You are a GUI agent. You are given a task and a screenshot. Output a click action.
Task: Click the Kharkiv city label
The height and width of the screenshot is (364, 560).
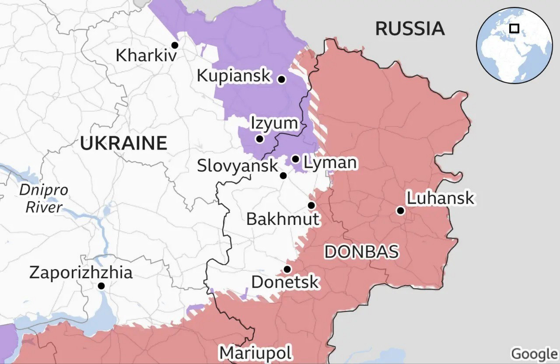point(146,56)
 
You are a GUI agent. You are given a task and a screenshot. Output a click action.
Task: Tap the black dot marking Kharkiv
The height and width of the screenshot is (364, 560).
point(175,45)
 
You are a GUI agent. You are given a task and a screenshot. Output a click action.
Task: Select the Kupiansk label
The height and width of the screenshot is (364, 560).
point(234,76)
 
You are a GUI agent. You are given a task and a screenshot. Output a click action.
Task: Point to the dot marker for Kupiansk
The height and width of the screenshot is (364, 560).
point(282,80)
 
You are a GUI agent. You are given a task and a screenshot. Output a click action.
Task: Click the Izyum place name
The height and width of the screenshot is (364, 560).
point(274,123)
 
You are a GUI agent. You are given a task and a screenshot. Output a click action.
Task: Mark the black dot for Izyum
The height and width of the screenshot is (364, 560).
point(259,139)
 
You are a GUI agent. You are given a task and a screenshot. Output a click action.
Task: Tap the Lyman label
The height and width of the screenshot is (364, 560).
point(330,163)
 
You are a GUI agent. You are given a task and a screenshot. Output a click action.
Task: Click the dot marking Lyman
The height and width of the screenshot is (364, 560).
point(296,159)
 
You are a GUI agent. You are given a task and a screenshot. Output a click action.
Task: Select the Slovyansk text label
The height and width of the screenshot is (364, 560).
point(238,166)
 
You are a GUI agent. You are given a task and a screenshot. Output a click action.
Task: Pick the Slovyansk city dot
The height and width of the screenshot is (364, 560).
point(283,176)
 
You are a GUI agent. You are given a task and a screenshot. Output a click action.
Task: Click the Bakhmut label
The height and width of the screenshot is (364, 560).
point(283,219)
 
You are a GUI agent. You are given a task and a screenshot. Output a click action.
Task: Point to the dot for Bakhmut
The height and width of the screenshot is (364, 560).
point(311,205)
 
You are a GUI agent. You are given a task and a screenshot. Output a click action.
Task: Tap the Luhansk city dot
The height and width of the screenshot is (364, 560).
point(400,211)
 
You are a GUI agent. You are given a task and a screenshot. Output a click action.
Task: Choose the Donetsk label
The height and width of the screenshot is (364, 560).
point(285,282)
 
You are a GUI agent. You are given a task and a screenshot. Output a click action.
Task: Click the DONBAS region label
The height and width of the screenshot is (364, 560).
point(361,252)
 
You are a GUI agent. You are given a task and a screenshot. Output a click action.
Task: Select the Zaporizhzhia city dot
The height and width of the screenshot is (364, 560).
point(101,286)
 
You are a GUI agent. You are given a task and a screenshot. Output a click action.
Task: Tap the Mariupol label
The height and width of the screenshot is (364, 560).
point(255,353)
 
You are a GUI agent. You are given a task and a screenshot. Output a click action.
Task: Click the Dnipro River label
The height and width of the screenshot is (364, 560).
point(44,199)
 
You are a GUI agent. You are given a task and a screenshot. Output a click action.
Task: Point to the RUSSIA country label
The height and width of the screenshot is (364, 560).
point(410,29)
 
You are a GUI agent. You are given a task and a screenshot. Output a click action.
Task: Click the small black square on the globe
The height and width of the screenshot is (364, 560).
point(514,28)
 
